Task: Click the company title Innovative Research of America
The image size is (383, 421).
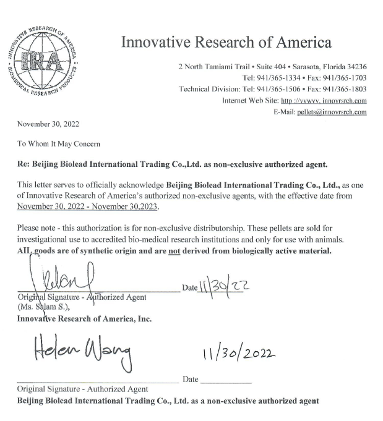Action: click(x=226, y=43)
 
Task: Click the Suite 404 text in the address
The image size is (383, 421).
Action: click(x=256, y=67)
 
